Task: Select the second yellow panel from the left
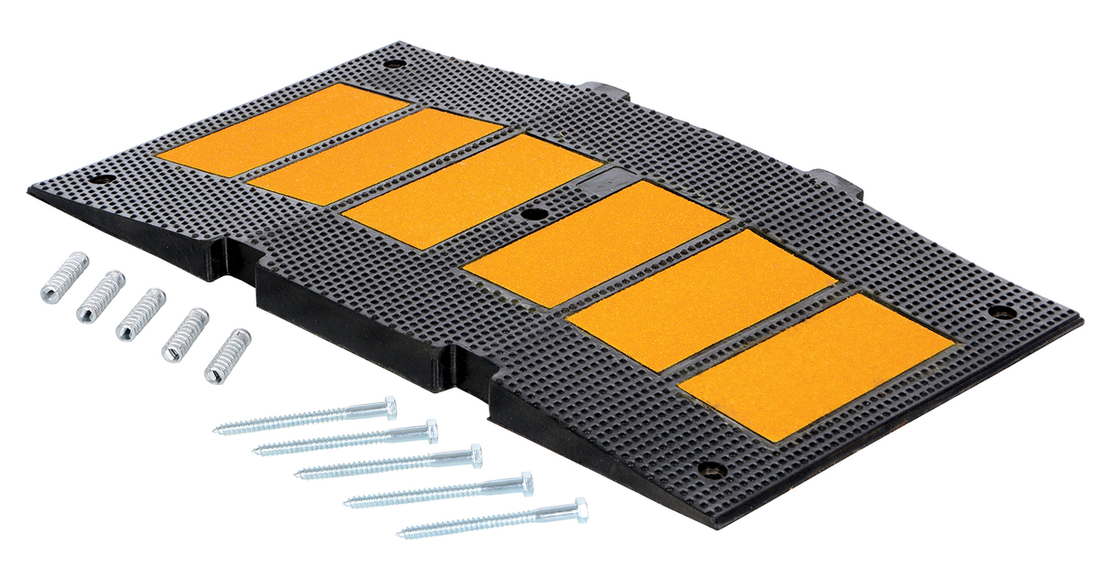click(375, 156)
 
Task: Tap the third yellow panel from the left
click(472, 190)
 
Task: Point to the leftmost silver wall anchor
click(64, 277)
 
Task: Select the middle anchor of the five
click(140, 314)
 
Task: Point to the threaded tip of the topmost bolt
click(220, 428)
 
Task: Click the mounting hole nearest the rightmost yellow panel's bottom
click(711, 469)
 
